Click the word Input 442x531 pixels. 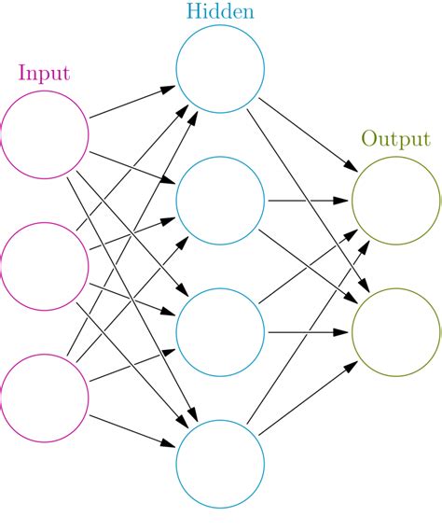44,73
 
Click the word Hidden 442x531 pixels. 219,13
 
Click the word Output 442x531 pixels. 395,140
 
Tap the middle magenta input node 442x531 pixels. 45,267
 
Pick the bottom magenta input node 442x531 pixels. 45,398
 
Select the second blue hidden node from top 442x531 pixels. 220,201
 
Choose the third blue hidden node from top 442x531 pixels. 220,332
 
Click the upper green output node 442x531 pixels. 396,201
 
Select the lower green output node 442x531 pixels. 396,332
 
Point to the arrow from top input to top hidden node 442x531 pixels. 131,104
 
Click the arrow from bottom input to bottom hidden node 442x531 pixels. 131,430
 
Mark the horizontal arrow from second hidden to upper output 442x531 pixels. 308,201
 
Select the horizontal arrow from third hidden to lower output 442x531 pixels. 308,332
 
